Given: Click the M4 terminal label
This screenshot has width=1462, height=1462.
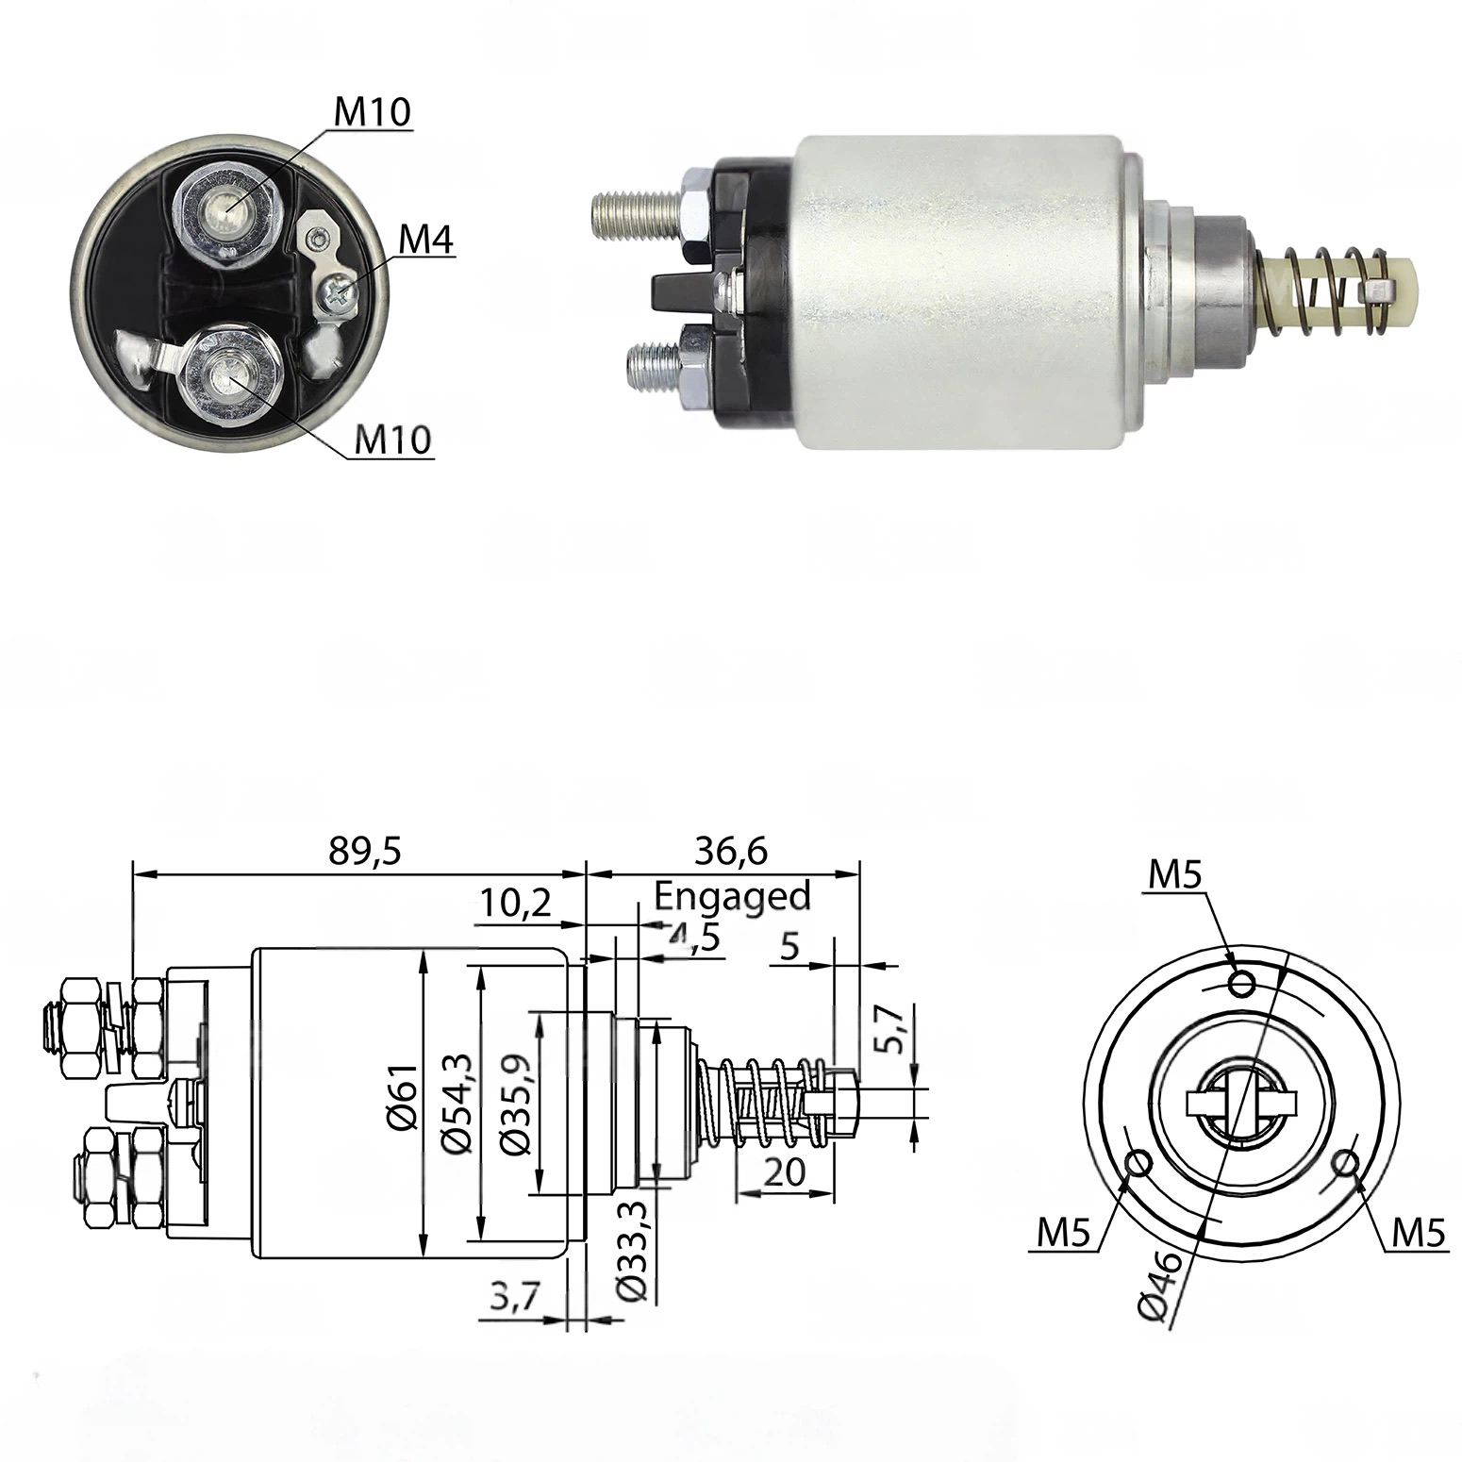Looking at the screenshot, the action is click(425, 242).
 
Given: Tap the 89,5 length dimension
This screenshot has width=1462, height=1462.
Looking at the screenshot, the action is click(365, 851).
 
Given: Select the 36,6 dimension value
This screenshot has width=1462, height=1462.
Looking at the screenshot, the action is click(731, 851).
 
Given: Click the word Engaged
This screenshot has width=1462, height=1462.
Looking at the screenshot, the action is click(733, 895).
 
